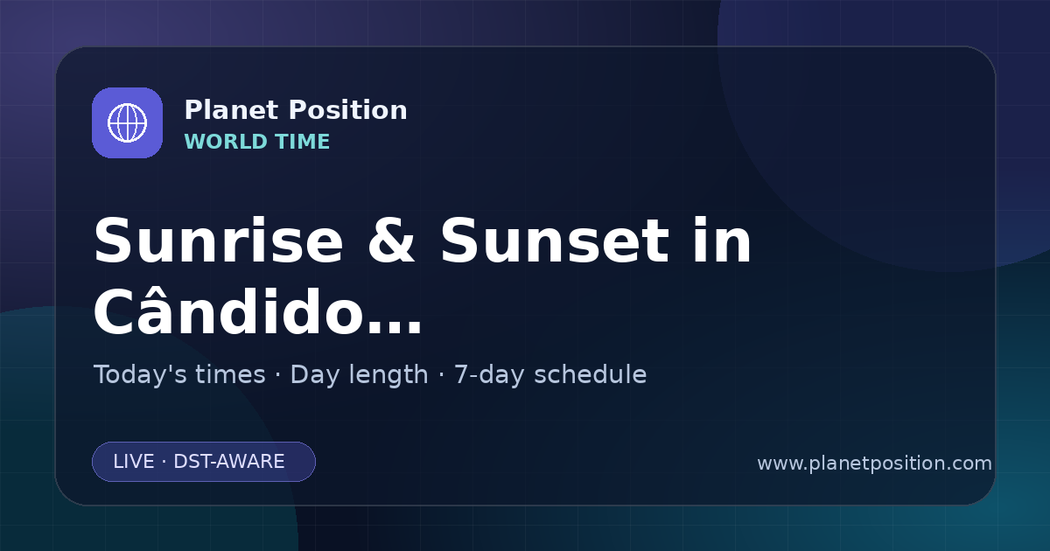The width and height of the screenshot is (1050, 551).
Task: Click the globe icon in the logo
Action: coord(127,122)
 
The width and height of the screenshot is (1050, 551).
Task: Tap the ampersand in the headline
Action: coord(391,241)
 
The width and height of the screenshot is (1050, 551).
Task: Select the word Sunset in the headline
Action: coord(555,241)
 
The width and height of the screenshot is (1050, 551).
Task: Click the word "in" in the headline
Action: coord(723,241)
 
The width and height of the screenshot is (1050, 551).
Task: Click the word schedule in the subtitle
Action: coord(590,374)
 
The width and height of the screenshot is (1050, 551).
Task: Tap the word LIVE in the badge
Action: coord(134,462)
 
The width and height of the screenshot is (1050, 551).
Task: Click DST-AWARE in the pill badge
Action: coord(228,462)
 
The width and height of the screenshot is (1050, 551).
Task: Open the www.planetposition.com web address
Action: coord(874,464)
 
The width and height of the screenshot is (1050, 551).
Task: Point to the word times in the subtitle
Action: coord(230,374)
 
